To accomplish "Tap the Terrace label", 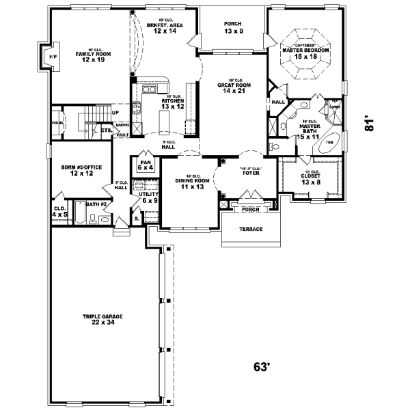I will (251, 229).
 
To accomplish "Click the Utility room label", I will (148, 197).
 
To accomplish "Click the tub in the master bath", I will (329, 142).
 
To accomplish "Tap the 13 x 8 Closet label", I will (310, 180).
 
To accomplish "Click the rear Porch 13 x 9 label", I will (233, 27).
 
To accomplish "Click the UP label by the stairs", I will (115, 112).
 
